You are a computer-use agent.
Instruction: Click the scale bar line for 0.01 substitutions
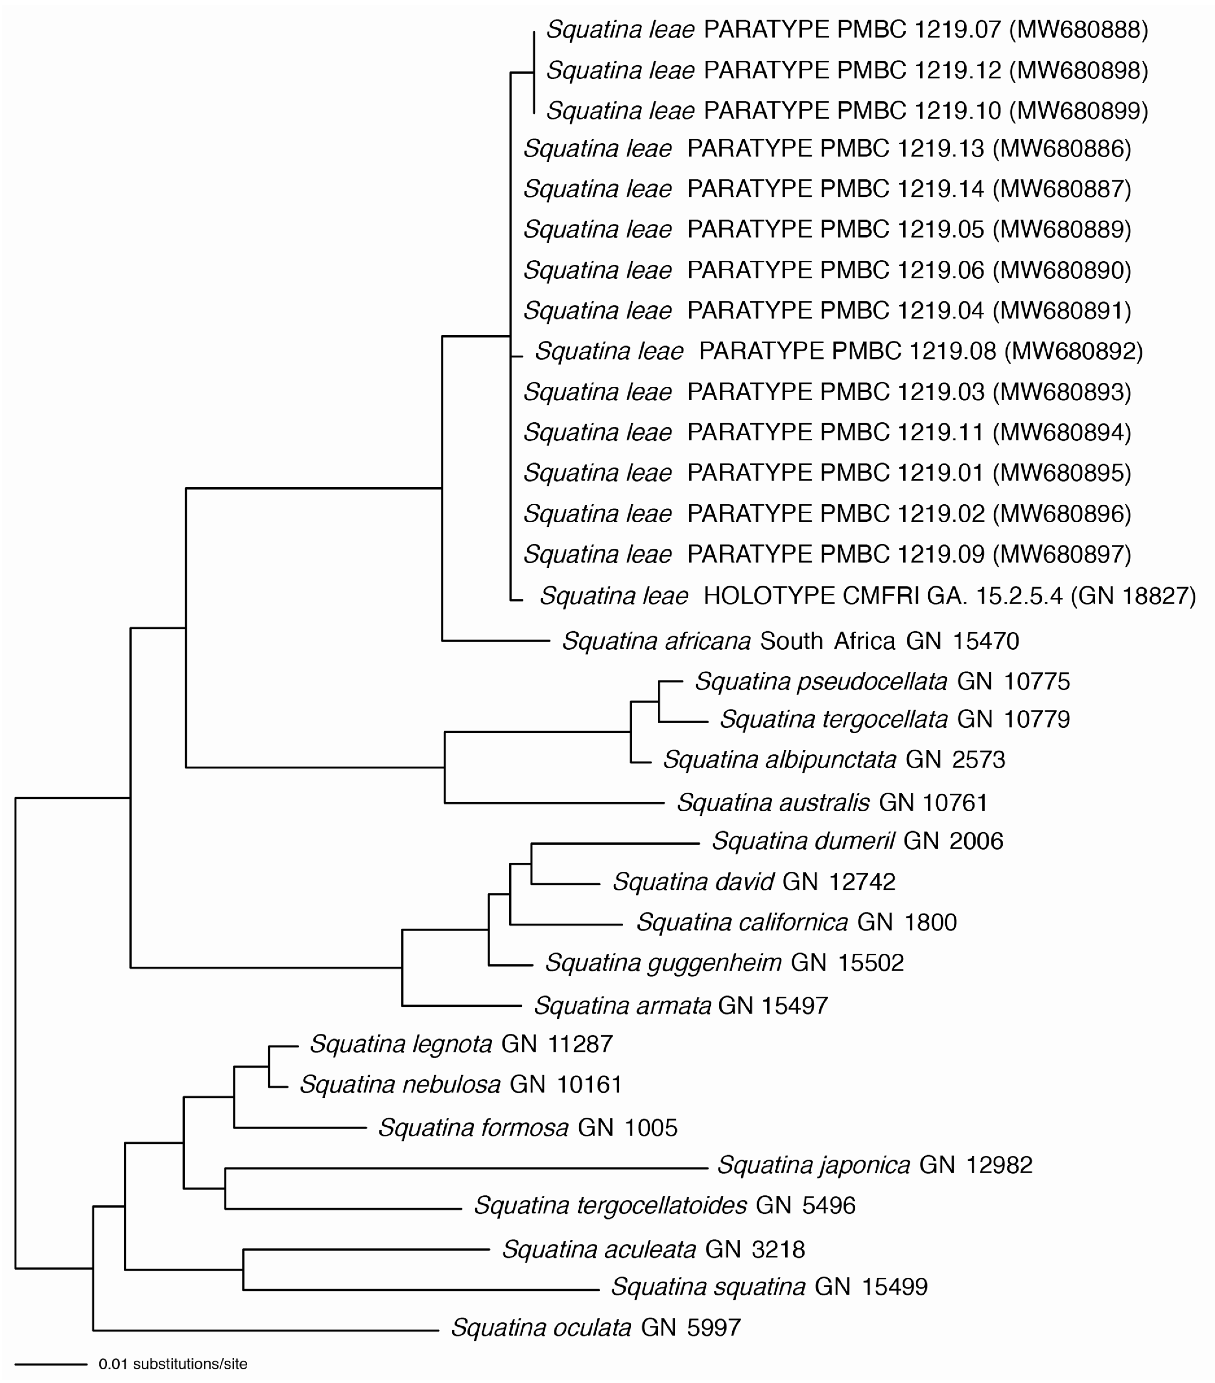(x=51, y=1364)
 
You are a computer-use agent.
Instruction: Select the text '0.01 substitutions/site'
(x=173, y=1364)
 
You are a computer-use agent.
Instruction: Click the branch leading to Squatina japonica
(x=467, y=1168)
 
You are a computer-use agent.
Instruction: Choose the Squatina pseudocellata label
(x=882, y=681)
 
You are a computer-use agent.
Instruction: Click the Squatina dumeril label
(x=857, y=841)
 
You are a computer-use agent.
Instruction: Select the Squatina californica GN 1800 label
(x=796, y=922)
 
